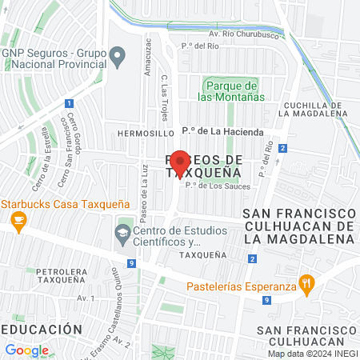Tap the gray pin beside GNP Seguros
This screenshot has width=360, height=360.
click(118, 57)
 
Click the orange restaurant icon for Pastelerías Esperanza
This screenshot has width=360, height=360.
click(305, 282)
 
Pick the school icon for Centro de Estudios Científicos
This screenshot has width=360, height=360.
click(122, 234)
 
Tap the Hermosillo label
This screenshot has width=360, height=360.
click(144, 134)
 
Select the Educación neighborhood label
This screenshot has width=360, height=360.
click(41, 329)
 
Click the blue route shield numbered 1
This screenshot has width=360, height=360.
click(70, 103)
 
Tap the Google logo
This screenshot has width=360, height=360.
click(26, 350)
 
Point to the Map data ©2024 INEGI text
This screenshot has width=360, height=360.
click(310, 354)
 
